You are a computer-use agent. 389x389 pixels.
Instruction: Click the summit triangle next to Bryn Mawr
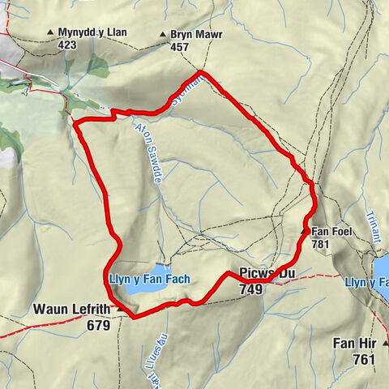click(x=163, y=36)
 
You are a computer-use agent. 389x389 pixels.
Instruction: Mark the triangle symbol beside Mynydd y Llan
click(x=50, y=33)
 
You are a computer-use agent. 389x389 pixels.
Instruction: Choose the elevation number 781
click(x=320, y=244)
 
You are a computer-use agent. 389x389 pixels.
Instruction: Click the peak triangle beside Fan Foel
click(x=304, y=232)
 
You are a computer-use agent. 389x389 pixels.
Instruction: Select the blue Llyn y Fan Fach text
click(x=149, y=279)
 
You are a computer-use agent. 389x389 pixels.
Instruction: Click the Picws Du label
click(x=266, y=275)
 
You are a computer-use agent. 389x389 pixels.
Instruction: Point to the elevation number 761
click(x=363, y=357)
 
